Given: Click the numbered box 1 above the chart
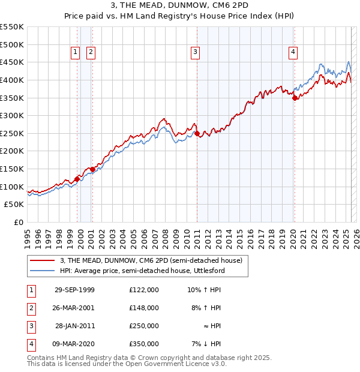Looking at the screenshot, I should (76, 52).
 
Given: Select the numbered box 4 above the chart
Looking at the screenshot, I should (293, 52).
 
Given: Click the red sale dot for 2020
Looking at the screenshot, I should (295, 98).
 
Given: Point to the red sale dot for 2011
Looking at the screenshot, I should (197, 133).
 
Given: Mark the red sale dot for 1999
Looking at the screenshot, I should (77, 179).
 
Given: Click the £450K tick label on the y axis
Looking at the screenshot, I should (12, 62).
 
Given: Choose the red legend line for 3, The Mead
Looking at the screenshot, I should (43, 261).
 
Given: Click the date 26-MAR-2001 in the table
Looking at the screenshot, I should (74, 308).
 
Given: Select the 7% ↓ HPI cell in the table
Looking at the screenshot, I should (206, 344).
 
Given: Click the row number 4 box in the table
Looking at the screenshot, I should (31, 344).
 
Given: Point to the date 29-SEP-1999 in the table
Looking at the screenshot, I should (74, 290).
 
